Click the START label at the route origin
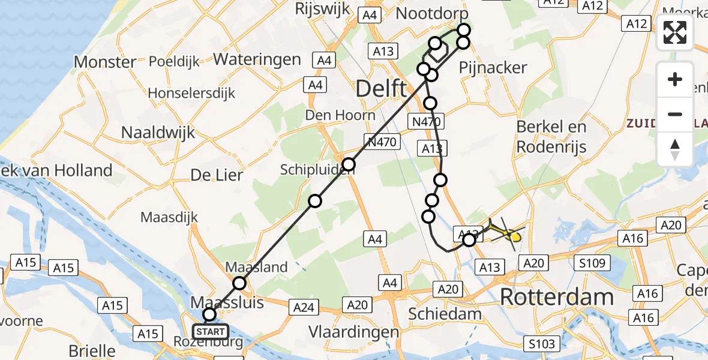[210, 331]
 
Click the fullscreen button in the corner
[675, 32]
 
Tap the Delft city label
[381, 89]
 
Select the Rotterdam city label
[557, 297]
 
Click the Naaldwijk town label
[158, 132]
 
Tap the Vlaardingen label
[353, 332]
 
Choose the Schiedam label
[445, 313]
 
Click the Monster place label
[105, 62]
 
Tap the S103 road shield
[543, 343]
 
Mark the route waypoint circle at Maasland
[239, 283]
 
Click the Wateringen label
[257, 59]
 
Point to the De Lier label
[217, 175]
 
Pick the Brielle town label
[91, 350]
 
